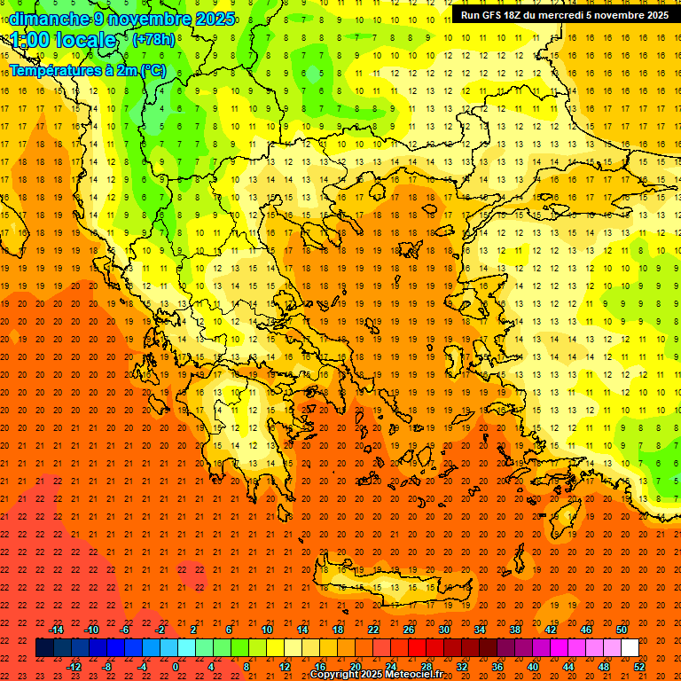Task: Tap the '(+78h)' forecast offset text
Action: pos(153,39)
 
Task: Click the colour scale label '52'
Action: pos(639,667)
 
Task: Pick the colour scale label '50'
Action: pos(621,630)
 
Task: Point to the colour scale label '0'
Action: pos(176,667)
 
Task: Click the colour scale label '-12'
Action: pos(74,667)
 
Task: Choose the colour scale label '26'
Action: pos(409,630)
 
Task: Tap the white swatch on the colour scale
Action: pos(630,648)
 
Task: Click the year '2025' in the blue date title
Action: pos(215,19)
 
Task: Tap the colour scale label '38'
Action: pos(515,630)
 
